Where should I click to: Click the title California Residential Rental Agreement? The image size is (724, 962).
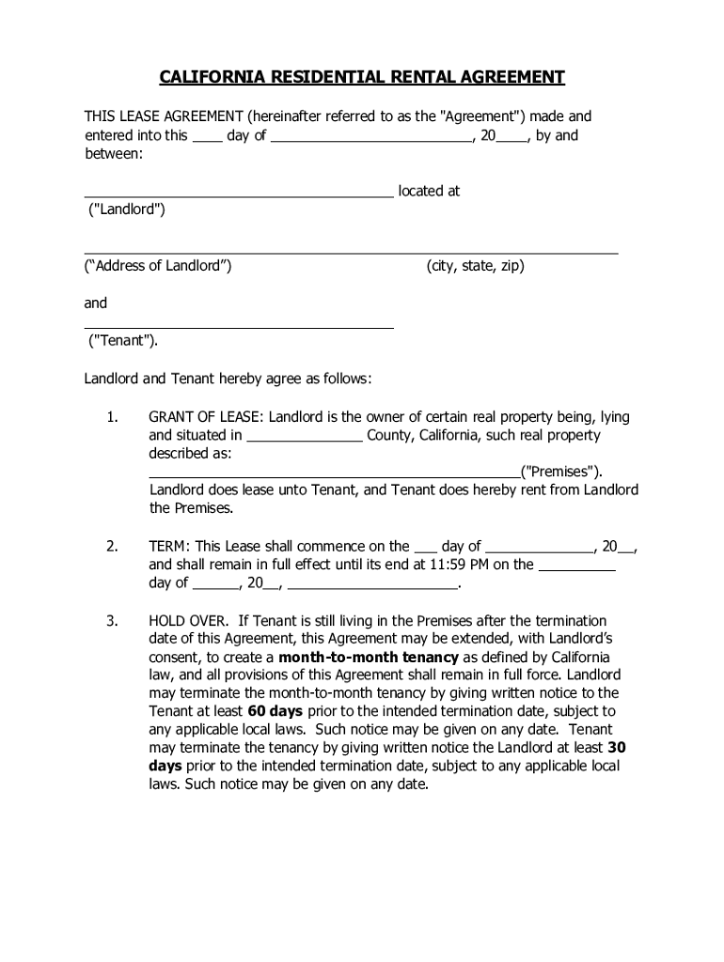pos(361,76)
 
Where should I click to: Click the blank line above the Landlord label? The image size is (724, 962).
pos(239,195)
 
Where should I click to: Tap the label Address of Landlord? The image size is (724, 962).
pos(158,266)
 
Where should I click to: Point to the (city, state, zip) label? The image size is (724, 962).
pos(475,266)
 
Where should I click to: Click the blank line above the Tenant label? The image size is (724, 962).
pos(239,327)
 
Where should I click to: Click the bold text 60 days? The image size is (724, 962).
pos(275,711)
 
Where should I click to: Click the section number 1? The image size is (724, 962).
pos(112,416)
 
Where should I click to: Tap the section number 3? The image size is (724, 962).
pos(112,621)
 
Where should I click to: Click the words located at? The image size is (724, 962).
pos(429,191)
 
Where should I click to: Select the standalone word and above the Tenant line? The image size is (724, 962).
pos(96,303)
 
